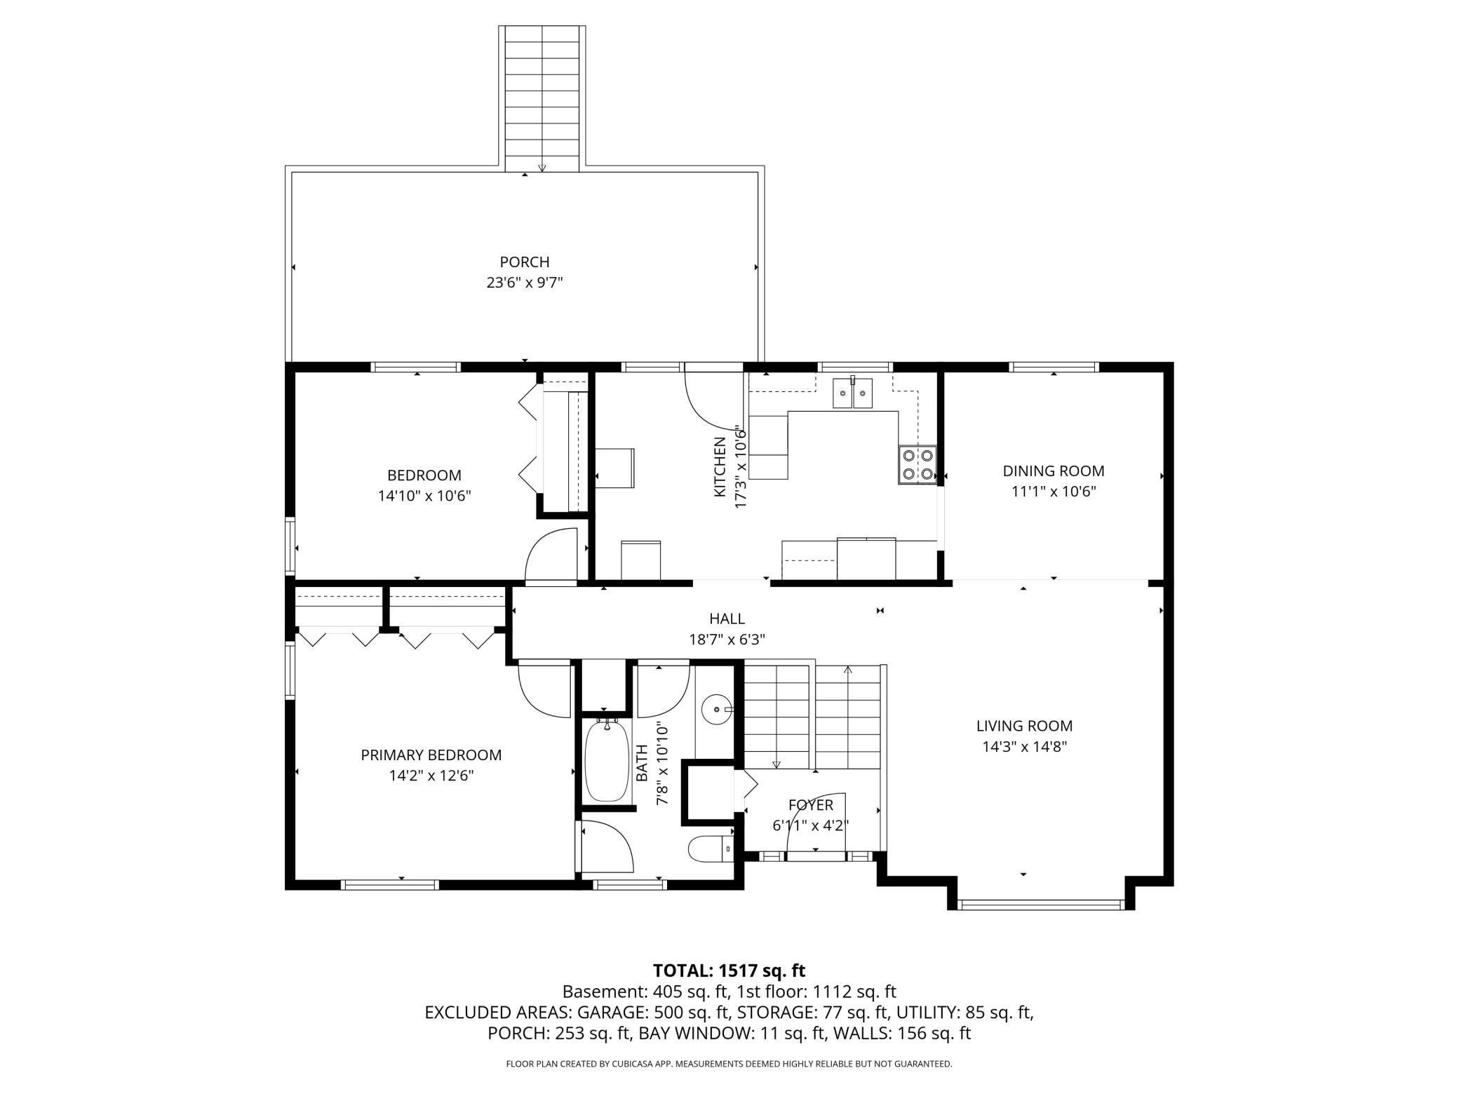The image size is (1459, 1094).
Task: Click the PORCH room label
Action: [524, 262]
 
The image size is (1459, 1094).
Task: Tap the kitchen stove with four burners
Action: [917, 465]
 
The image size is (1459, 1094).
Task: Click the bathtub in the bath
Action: [607, 761]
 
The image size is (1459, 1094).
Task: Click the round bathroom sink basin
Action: [715, 710]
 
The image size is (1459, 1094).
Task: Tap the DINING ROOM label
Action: [1053, 471]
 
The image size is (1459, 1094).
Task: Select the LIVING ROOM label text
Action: [1024, 726]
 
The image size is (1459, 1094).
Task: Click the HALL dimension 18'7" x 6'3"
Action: [727, 640]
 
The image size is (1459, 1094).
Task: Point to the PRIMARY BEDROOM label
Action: [431, 755]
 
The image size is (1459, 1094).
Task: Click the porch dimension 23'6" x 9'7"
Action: [525, 283]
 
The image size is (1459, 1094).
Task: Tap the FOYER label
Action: [811, 805]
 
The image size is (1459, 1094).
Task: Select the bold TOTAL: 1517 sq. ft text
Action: [729, 971]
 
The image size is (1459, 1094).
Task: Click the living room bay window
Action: [1041, 905]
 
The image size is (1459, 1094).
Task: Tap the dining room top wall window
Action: [1054, 367]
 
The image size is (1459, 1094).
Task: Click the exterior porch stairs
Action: [542, 99]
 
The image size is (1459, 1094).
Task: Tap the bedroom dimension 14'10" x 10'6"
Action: [424, 496]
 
